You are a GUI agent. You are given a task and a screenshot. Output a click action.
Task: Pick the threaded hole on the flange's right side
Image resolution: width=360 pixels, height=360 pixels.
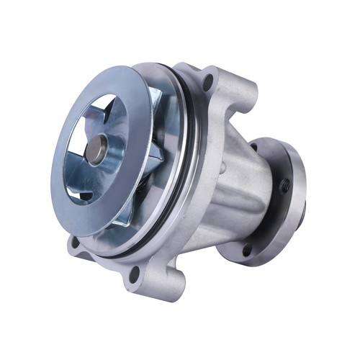pos(284,186)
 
